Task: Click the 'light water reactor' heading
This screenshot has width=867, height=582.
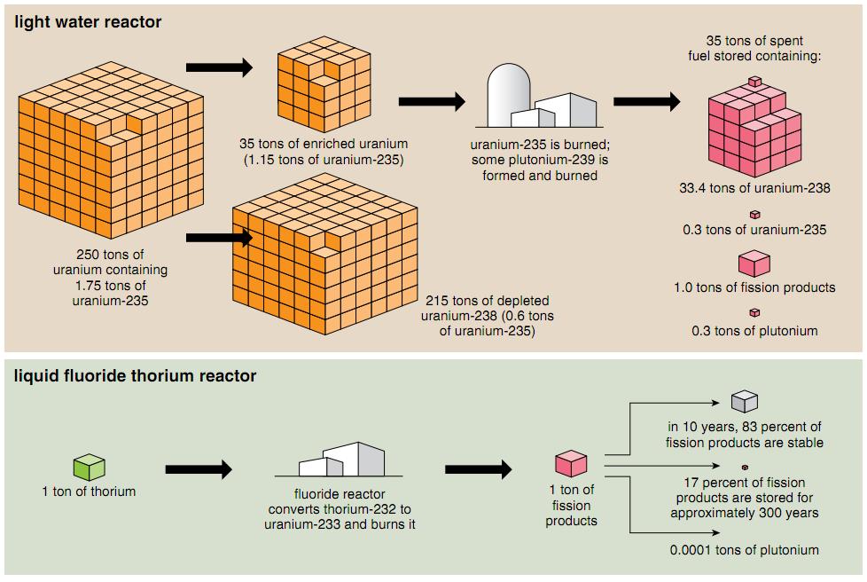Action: tap(88, 22)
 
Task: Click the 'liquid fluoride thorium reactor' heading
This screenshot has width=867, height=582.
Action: tap(135, 376)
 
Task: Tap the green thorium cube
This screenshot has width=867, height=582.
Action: tap(89, 467)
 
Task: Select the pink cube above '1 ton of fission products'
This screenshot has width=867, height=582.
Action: tap(571, 464)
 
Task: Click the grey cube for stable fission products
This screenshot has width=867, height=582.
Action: tap(744, 402)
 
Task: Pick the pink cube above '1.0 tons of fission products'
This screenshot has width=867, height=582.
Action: tap(754, 263)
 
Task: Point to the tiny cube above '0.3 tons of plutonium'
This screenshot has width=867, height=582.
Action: tap(754, 312)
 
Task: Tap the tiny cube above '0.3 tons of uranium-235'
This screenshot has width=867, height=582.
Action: tap(754, 214)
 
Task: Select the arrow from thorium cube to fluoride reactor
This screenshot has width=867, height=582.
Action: tap(199, 469)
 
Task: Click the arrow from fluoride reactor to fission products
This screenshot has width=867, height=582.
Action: tap(478, 469)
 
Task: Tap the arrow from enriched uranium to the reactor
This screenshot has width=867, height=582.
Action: tap(432, 101)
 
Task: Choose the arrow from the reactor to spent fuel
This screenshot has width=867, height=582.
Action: tap(646, 101)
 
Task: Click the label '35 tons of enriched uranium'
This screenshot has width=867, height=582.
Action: tap(324, 144)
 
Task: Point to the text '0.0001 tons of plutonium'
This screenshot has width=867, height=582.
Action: tap(744, 550)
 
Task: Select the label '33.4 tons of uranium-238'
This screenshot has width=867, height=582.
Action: tap(754, 188)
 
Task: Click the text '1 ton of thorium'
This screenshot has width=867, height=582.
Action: tap(89, 491)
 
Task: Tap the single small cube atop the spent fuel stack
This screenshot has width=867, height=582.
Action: tap(754, 82)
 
